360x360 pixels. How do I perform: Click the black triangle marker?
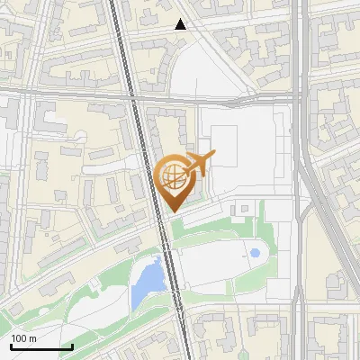tap(181, 24)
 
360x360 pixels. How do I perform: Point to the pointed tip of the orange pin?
tap(173, 211)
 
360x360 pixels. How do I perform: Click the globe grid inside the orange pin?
tap(172, 177)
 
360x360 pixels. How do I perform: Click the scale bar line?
tap(41, 346)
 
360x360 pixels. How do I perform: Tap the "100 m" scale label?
tap(23, 338)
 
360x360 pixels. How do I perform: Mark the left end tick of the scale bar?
tap(11, 346)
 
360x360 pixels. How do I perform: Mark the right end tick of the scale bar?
tap(72, 346)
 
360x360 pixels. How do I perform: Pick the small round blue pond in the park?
tap(255, 254)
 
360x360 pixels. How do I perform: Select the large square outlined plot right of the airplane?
tap(224, 148)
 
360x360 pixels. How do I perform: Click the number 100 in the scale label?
tap(19, 338)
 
